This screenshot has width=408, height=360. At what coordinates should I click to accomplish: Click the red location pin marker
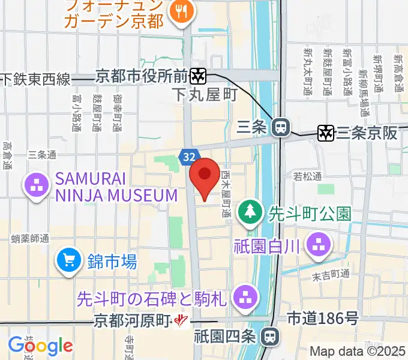205,175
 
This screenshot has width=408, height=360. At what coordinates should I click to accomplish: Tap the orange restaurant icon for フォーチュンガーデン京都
180,10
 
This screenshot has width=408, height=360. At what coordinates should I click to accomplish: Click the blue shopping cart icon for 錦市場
68,260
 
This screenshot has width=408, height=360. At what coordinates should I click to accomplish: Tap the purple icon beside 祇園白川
317,244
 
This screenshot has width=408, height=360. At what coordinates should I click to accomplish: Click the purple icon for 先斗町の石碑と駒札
245,296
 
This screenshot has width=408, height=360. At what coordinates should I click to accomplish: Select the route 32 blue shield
188,157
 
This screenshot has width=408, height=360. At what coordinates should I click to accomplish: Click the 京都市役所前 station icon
198,76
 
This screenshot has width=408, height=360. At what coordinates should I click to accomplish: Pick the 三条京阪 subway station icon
326,133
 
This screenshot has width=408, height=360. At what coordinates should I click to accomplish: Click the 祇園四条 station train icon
271,337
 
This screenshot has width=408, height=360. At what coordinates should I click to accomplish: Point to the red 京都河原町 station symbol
179,322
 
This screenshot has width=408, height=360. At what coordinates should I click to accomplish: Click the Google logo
40,346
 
